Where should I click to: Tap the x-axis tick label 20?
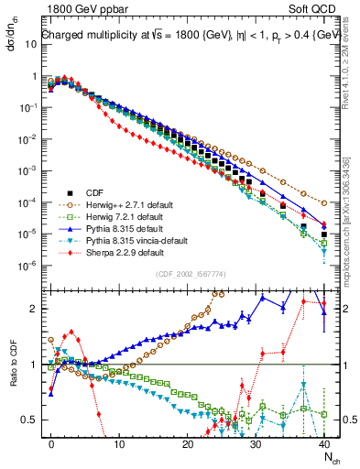coord(188,442)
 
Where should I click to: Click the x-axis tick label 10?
coord(119,442)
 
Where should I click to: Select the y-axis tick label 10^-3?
coord(26,171)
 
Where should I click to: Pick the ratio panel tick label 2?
coord(33,309)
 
